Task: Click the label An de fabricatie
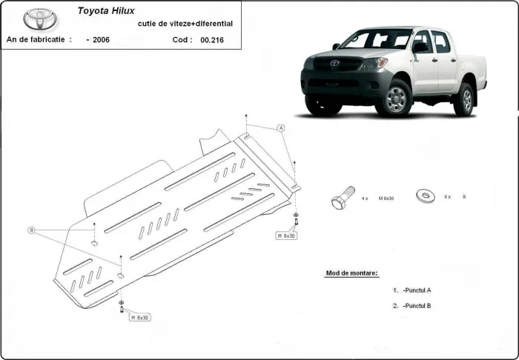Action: pyautogui.click(x=39, y=39)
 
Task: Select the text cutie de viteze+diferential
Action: pyautogui.click(x=185, y=24)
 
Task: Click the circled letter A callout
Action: pyautogui.click(x=281, y=128)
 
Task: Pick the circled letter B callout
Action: pyautogui.click(x=31, y=230)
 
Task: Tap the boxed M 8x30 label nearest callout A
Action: pyautogui.click(x=287, y=236)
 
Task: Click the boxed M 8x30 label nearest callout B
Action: pyautogui.click(x=139, y=317)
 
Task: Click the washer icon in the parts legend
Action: pyautogui.click(x=427, y=196)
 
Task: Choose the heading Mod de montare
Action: pyautogui.click(x=351, y=273)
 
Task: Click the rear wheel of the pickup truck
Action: pyautogui.click(x=465, y=99)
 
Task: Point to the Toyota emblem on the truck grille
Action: pyautogui.click(x=334, y=64)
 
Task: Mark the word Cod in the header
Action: pyautogui.click(x=180, y=39)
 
